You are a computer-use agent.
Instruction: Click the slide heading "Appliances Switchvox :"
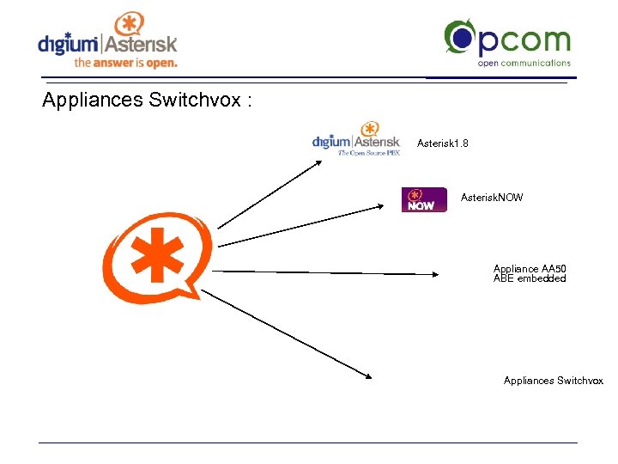tap(147, 101)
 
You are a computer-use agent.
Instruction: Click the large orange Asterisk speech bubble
tap(157, 257)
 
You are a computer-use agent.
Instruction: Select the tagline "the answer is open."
tap(125, 63)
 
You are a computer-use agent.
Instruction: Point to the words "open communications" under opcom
tap(524, 63)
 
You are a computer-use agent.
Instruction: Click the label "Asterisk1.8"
tap(443, 143)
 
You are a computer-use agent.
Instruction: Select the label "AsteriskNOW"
tap(492, 198)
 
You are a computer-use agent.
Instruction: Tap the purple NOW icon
tap(424, 199)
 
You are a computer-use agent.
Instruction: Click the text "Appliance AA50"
tap(530, 269)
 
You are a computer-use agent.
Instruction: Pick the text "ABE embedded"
tap(530, 278)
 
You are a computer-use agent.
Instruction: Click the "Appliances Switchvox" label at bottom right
tap(553, 381)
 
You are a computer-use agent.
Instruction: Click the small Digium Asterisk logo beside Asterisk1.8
tap(356, 138)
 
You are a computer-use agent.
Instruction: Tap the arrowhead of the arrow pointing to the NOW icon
tap(385, 205)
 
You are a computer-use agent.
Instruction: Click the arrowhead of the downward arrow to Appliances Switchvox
tap(369, 375)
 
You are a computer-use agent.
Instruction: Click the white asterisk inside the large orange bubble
tap(156, 254)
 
